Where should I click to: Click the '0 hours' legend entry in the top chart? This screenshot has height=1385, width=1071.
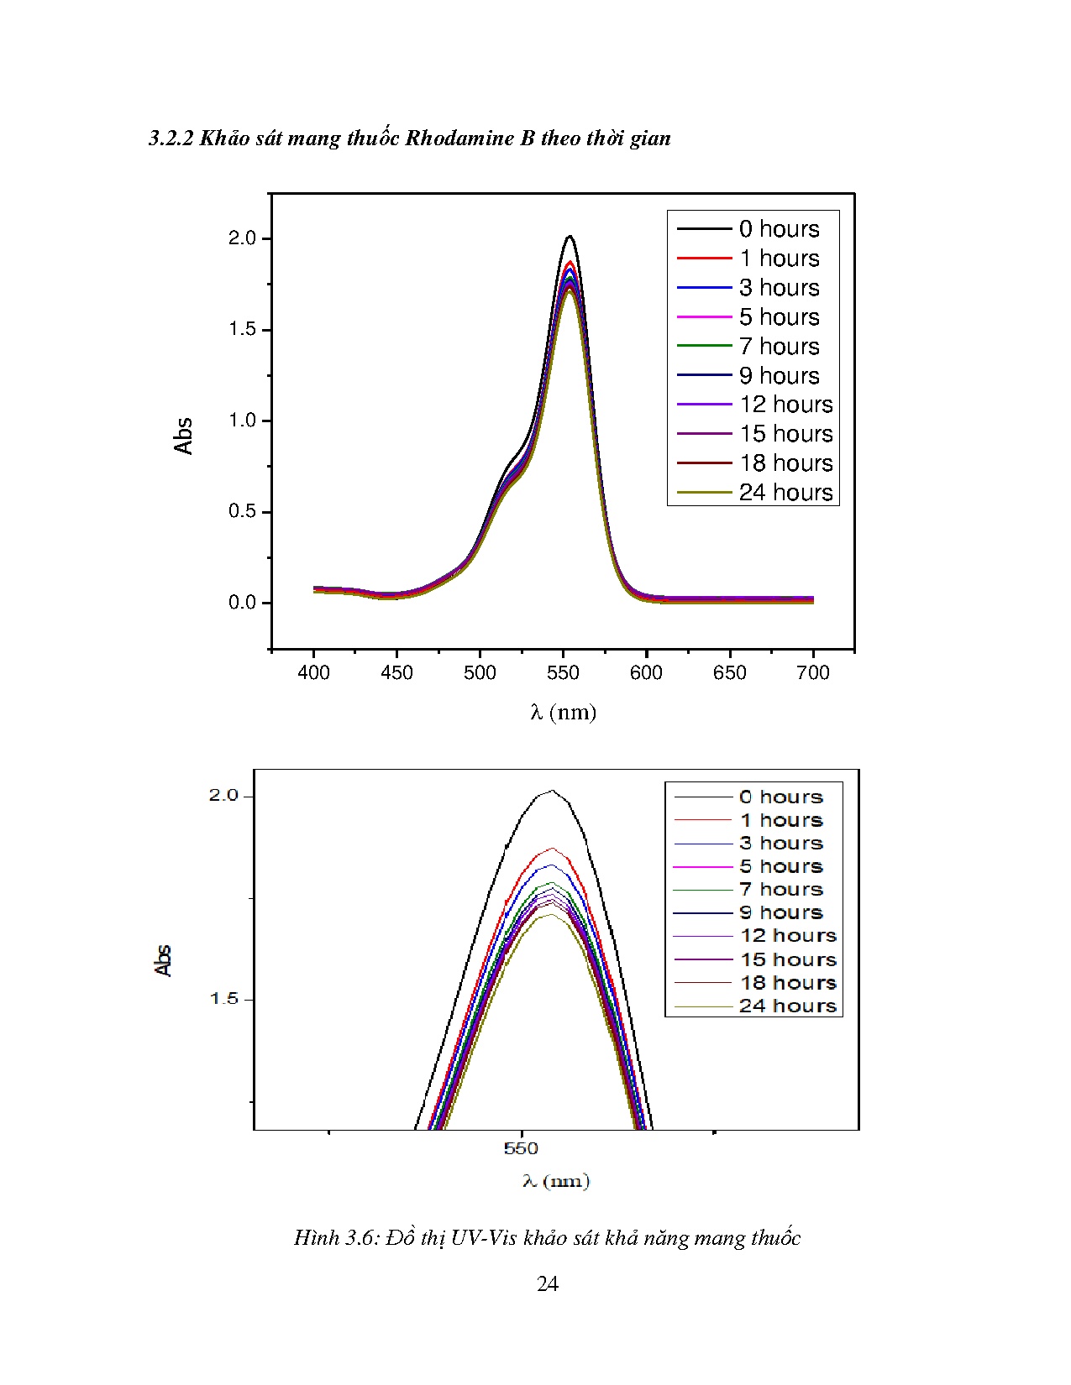(x=779, y=229)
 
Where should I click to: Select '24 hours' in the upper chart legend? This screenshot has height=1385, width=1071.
(x=785, y=493)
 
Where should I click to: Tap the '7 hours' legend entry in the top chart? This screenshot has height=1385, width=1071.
(x=779, y=347)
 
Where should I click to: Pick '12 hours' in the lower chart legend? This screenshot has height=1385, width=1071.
(x=788, y=936)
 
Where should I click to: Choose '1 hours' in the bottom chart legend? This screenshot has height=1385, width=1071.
(x=780, y=820)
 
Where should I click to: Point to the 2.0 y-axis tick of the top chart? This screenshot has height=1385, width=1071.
(x=242, y=238)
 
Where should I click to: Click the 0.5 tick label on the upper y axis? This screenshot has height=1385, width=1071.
(x=242, y=511)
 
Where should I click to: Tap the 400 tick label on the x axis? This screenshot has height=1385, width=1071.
(x=313, y=673)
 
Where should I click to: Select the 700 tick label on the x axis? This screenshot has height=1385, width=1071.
(x=812, y=673)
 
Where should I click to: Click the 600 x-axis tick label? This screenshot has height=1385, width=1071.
(x=646, y=673)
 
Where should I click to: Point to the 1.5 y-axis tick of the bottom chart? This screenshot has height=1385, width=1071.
(x=224, y=999)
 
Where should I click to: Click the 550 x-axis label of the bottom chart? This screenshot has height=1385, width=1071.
(x=521, y=1148)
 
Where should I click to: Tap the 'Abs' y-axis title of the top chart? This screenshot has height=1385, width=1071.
(x=184, y=436)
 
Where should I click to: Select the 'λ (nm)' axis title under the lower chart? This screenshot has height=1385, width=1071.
(x=556, y=1182)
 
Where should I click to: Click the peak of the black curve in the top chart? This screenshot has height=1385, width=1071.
(x=570, y=237)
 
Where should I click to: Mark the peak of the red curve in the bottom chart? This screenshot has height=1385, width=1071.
(x=552, y=849)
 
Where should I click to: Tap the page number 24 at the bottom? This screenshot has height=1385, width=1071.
(x=548, y=1284)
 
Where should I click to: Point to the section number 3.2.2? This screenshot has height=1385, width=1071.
(x=171, y=138)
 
